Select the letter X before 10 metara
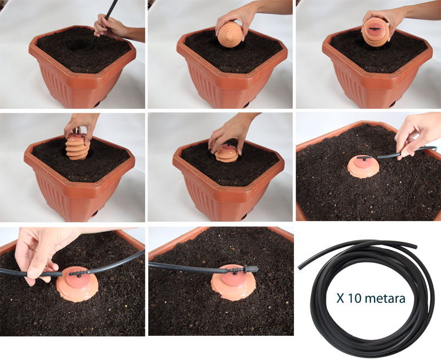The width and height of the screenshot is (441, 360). (340, 298)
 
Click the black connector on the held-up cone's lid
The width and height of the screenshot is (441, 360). (375, 29)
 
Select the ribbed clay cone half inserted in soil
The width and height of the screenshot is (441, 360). (78, 146)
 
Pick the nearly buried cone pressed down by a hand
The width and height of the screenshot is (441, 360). (227, 154)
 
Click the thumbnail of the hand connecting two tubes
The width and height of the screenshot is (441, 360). (33, 272)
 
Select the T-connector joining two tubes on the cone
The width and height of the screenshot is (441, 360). (78, 273)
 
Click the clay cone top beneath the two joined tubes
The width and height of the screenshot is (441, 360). (78, 286)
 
